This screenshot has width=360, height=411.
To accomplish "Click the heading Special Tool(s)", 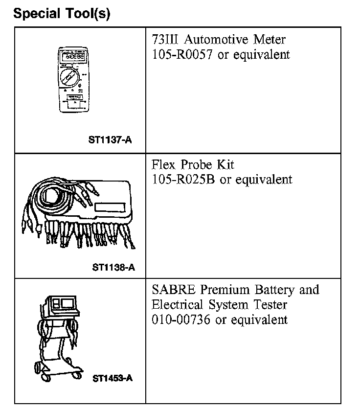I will pos(62,13).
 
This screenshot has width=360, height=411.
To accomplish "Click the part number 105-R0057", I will pos(181,54).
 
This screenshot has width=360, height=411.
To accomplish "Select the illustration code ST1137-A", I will pos(110,140).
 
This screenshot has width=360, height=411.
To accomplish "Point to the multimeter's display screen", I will pos(73,57).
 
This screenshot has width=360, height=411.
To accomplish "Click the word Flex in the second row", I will pos(164,165).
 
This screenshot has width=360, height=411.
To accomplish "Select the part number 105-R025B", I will pos(183,180).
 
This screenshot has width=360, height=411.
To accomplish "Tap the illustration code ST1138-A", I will pos(113,267).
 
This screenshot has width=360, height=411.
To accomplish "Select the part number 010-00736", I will pos(181,320).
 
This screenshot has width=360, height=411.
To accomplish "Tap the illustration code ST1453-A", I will pos(112,378).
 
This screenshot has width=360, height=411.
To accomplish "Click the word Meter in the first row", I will pos(268,39).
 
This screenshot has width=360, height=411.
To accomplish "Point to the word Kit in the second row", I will pos(231,165).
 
